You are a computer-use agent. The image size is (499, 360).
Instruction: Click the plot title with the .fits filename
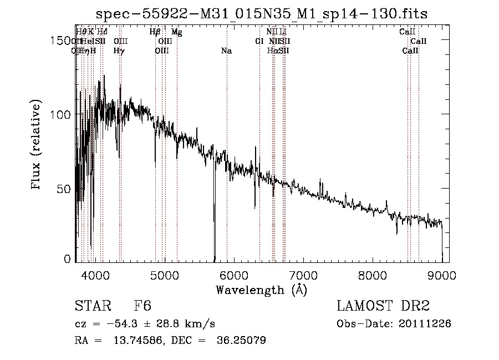tap(262, 13)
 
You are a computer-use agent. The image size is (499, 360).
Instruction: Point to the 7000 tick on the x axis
tap(303, 275)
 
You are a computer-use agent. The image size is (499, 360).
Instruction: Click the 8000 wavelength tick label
tap(373, 275)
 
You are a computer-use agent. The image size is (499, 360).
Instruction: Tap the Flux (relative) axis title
tap(37, 145)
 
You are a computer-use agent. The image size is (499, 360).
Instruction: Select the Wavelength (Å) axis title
tap(261, 290)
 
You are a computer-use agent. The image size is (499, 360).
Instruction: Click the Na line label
tap(226, 51)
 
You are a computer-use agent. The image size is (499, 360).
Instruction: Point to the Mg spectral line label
tap(176, 32)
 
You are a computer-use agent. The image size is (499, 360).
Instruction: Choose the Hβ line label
tap(155, 32)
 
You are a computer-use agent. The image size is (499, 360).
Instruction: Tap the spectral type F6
tap(142, 307)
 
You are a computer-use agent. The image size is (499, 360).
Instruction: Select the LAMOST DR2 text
tap(383, 307)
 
